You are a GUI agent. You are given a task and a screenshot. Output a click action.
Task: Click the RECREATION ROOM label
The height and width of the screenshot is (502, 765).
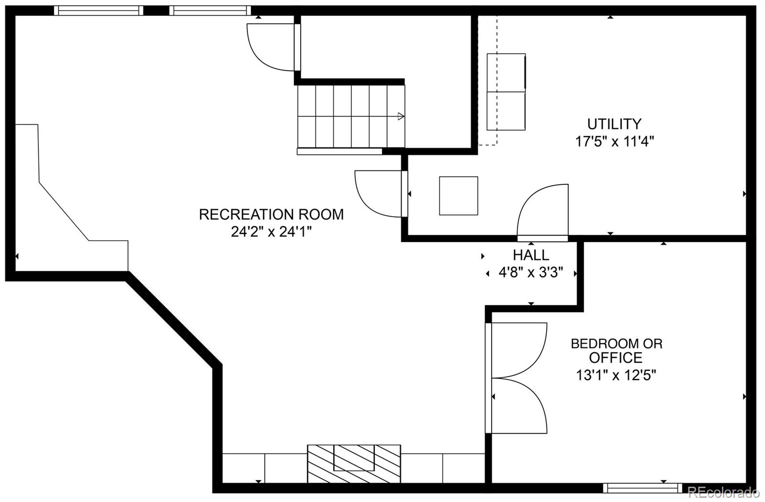tap(271, 214)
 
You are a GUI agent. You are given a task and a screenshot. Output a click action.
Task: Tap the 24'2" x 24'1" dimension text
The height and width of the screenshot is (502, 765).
tap(271, 232)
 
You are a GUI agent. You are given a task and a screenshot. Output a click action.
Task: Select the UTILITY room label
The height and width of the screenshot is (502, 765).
tap(614, 124)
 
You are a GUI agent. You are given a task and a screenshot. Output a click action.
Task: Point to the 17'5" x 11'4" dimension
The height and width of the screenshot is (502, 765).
tap(614, 142)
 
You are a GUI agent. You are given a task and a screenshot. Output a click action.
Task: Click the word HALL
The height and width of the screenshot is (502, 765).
tap(531, 255)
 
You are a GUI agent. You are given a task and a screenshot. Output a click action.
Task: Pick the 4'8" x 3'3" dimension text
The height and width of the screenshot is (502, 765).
tap(531, 273)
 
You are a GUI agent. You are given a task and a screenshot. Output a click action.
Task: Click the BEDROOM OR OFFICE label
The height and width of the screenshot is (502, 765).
tap(616, 350)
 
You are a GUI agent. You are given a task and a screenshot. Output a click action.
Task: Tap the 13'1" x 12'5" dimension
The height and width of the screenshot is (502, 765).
tap(616, 375)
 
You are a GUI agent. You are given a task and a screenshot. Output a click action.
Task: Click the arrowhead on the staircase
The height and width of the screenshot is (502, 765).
tap(401, 116)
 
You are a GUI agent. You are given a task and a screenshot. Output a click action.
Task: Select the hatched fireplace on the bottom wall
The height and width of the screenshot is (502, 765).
tap(354, 463)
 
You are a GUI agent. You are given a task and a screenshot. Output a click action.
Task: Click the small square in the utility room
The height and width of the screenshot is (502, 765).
tap(459, 196)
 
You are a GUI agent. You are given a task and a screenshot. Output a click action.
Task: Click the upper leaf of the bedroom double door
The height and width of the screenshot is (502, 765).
tap(519, 349)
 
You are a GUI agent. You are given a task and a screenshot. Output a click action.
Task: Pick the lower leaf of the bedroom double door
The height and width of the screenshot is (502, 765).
tap(519, 407)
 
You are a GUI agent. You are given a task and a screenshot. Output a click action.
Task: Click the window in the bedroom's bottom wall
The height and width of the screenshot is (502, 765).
tap(642, 488)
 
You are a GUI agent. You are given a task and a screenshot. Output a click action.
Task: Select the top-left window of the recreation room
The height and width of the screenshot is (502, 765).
tap(98, 11)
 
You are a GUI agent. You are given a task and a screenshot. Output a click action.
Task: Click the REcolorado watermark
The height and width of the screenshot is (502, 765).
tap(722, 492)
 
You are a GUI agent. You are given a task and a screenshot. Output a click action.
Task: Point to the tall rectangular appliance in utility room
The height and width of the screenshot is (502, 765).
tap(506, 92)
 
